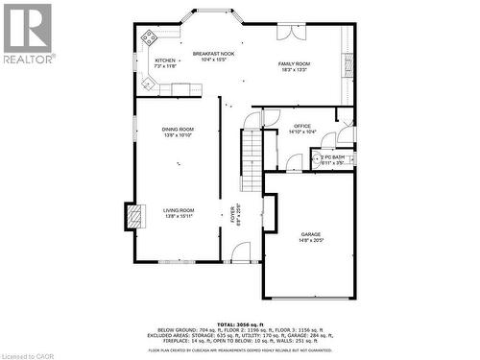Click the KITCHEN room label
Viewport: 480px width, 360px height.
165,60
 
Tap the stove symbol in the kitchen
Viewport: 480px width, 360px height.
150,39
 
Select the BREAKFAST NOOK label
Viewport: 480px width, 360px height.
213,54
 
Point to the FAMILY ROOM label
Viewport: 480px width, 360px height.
295,63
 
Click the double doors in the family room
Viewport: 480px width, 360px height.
292,32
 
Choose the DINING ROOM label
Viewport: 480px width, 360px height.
178,129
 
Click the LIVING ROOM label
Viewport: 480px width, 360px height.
178,210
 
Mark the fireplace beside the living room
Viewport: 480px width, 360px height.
132,216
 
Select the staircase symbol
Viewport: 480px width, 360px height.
251,149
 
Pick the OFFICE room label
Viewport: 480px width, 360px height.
302,126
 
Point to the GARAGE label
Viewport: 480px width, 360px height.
311,233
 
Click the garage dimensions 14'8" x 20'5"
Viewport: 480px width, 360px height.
311,240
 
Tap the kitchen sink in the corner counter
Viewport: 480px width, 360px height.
149,84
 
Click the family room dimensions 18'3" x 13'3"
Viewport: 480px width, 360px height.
295,69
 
